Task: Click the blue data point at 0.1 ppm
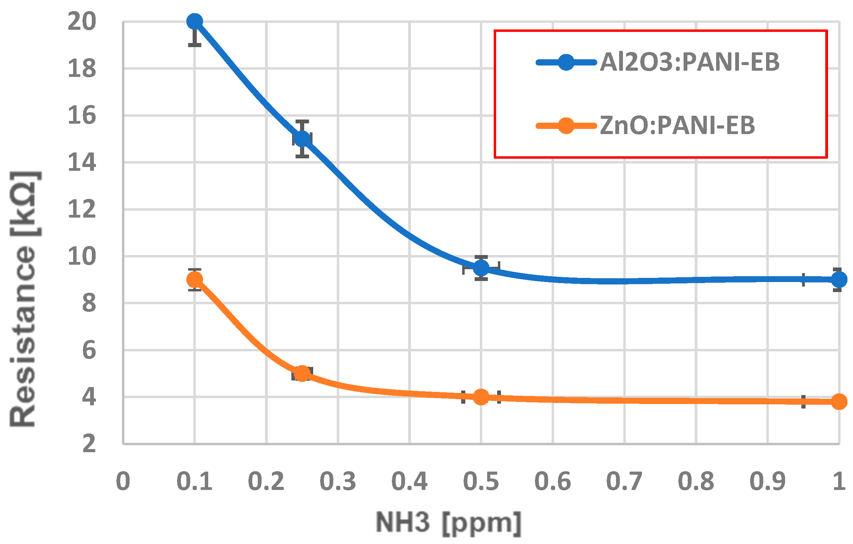pos(194,21)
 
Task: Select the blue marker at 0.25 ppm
pos(302,139)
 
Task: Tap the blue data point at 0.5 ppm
pos(481,268)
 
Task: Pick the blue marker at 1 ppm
pos(839,280)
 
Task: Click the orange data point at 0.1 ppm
pos(194,280)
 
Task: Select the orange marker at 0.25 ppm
pos(302,373)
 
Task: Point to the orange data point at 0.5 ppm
pos(481,397)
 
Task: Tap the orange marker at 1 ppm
pos(839,402)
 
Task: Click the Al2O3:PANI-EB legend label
pos(689,62)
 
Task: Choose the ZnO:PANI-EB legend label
pos(677,126)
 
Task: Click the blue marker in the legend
pos(566,63)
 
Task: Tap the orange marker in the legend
pos(566,126)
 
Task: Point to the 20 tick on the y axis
pos(82,21)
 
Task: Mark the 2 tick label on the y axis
pos(89,444)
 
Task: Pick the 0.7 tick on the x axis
pos(624,482)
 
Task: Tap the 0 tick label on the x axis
pos(123,482)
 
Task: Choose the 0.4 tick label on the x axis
pos(409,482)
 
